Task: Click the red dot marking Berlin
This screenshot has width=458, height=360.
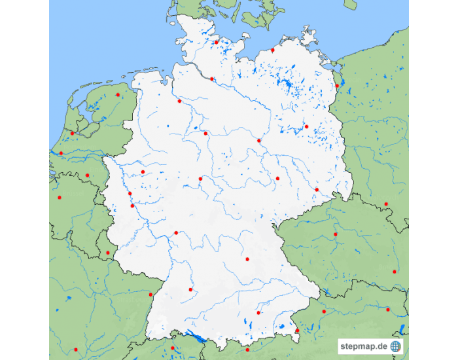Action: (x=306, y=127)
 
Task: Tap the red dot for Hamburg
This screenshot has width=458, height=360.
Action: (x=212, y=79)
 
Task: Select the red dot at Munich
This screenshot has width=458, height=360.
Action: (x=258, y=313)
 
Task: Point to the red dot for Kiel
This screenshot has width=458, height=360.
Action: (x=217, y=43)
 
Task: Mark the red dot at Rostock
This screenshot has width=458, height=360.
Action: (x=273, y=50)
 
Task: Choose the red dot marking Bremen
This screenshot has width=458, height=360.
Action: (x=179, y=101)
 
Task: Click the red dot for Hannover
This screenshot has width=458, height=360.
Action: (x=205, y=134)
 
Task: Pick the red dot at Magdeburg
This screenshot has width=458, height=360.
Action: (x=258, y=141)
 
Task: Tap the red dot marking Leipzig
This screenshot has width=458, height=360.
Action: (x=277, y=178)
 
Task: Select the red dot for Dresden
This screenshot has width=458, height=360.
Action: (x=317, y=190)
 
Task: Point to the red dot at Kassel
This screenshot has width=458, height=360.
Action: (x=200, y=179)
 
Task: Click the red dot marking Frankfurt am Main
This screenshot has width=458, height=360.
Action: (x=176, y=233)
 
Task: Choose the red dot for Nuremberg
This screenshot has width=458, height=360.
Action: (x=247, y=259)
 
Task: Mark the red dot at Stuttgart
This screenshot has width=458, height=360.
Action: (x=190, y=289)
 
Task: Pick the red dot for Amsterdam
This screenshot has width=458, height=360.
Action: (x=73, y=134)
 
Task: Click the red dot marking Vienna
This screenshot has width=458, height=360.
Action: (x=388, y=310)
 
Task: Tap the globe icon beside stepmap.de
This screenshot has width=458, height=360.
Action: (x=395, y=346)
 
